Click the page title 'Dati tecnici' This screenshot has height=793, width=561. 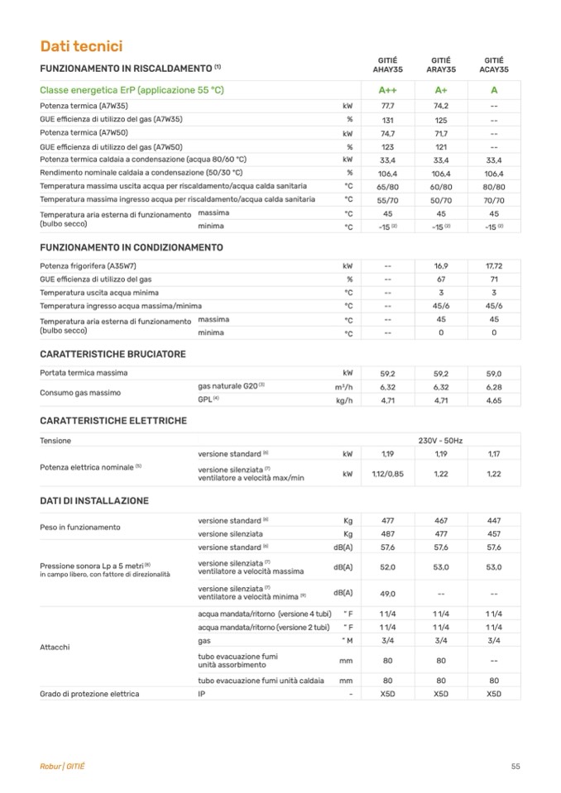[x=82, y=46]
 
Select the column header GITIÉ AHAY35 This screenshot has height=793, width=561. [x=387, y=65]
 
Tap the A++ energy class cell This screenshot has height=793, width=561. [x=387, y=90]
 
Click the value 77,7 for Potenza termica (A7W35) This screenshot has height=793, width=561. [x=387, y=106]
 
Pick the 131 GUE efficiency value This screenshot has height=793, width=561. [x=387, y=120]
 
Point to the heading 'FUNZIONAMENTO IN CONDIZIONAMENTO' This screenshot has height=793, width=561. [x=132, y=247]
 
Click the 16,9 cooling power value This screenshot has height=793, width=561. [x=441, y=266]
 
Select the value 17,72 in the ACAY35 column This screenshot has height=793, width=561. [x=494, y=266]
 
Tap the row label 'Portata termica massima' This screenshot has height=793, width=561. [x=84, y=373]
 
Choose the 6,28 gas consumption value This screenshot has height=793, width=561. [x=494, y=387]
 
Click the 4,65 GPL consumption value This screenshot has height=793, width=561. [x=494, y=401]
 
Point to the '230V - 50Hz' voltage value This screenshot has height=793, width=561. [x=441, y=441]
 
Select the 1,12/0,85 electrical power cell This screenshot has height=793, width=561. [x=387, y=474]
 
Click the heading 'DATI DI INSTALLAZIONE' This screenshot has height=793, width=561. [x=94, y=501]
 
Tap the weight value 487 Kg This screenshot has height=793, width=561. [x=387, y=534]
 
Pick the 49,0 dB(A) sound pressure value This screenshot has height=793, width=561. [x=387, y=593]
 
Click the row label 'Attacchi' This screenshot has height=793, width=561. [x=55, y=647]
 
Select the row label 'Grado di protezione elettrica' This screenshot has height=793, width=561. [x=89, y=694]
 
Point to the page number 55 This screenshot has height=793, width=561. [x=515, y=767]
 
